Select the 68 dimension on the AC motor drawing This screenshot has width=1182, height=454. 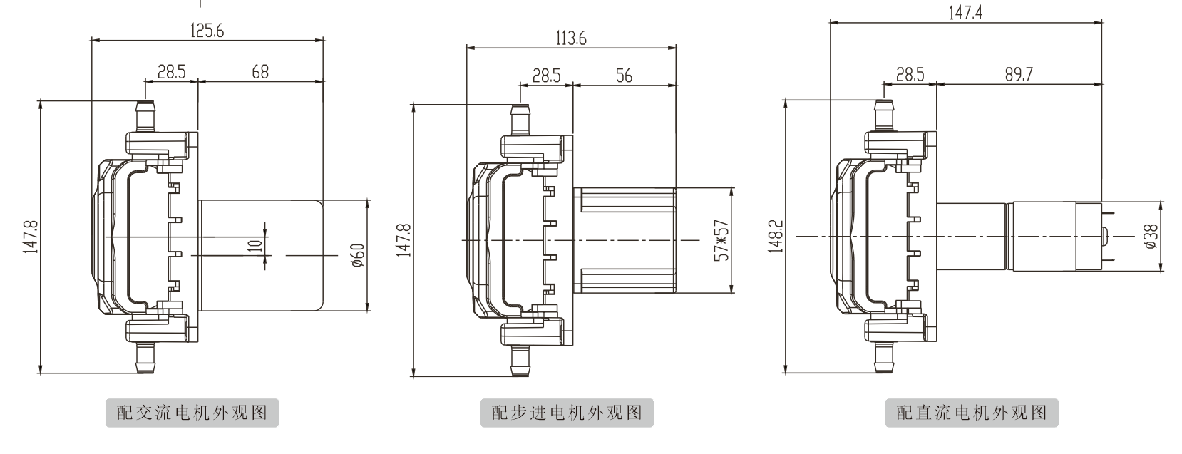(x=260, y=72)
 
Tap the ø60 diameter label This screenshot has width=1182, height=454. (x=359, y=254)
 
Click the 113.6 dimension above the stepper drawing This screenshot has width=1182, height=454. (x=570, y=39)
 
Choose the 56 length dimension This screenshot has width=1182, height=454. (x=624, y=76)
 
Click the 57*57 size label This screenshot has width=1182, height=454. (x=721, y=240)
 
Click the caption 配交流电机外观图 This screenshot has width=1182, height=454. (x=192, y=413)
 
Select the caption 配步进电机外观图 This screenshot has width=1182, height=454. (x=567, y=413)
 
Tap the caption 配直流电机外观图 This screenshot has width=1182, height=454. (x=971, y=413)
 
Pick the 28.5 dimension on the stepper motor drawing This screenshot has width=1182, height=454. (x=546, y=76)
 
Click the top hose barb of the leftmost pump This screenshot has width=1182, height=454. (x=145, y=115)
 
